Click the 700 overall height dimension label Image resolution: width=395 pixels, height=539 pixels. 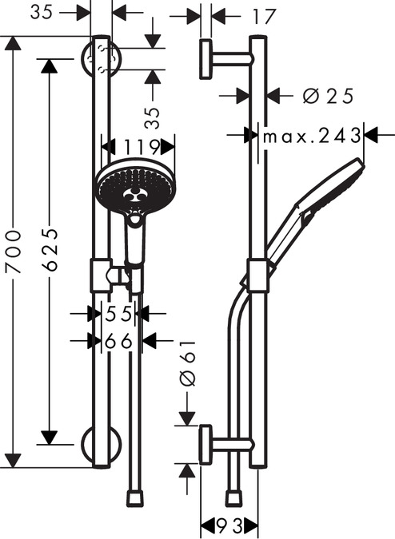click(x=14, y=252)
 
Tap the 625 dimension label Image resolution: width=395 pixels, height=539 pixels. click(x=51, y=249)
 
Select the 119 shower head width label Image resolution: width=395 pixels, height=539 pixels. click(x=141, y=147)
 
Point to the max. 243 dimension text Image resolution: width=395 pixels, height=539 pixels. click(x=312, y=136)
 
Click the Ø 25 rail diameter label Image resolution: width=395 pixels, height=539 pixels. click(x=328, y=96)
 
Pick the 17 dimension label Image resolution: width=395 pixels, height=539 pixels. click(x=264, y=17)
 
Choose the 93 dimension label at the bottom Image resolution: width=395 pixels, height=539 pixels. click(x=229, y=525)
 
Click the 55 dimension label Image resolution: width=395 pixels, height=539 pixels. click(x=118, y=314)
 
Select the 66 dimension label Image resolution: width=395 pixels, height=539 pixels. click(x=118, y=341)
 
